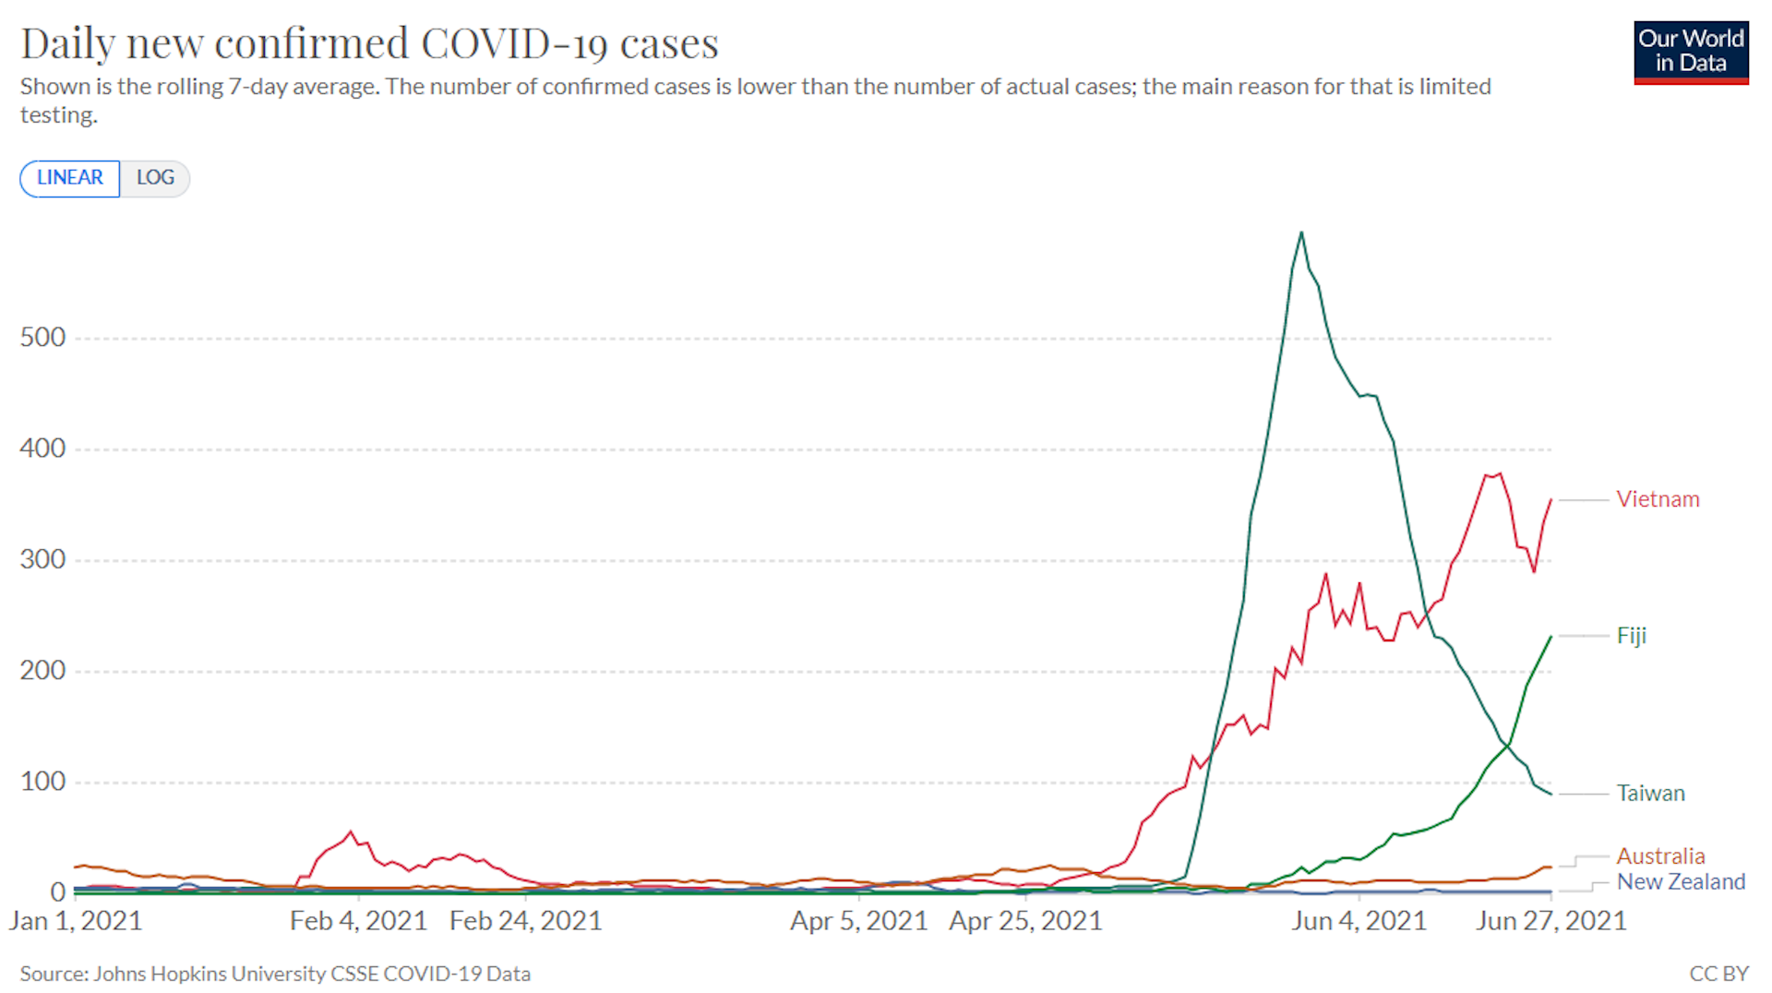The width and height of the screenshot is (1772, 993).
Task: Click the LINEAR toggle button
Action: pyautogui.click(x=69, y=178)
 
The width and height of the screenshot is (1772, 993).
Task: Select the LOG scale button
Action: pyautogui.click(x=155, y=178)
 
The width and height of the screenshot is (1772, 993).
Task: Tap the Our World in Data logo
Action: pyautogui.click(x=1690, y=53)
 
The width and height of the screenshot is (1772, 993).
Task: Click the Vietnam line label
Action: pyautogui.click(x=1657, y=499)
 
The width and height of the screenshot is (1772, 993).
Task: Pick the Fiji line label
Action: pyautogui.click(x=1631, y=636)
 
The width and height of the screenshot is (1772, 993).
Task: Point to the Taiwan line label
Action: pyautogui.click(x=1650, y=794)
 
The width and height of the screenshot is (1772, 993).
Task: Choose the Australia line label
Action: pyautogui.click(x=1659, y=856)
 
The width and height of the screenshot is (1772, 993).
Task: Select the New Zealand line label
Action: pyautogui.click(x=1680, y=882)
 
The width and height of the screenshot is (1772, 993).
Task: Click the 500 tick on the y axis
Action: pyautogui.click(x=42, y=338)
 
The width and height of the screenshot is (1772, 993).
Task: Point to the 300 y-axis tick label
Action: pyautogui.click(x=42, y=560)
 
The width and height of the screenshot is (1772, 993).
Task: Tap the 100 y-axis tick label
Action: pyautogui.click(x=42, y=783)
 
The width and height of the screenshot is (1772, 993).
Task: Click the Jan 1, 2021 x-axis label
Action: pyautogui.click(x=76, y=921)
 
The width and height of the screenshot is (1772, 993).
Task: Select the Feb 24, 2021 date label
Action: pyautogui.click(x=525, y=921)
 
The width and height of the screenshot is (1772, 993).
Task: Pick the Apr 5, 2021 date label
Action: pyautogui.click(x=858, y=921)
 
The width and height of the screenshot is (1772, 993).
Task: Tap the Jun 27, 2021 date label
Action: pyautogui.click(x=1550, y=921)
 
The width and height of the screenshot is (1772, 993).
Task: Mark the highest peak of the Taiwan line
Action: pyautogui.click(x=1301, y=233)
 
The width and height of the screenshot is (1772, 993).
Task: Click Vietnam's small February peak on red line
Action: pyautogui.click(x=351, y=832)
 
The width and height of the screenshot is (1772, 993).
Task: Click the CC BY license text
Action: pyautogui.click(x=1718, y=974)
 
